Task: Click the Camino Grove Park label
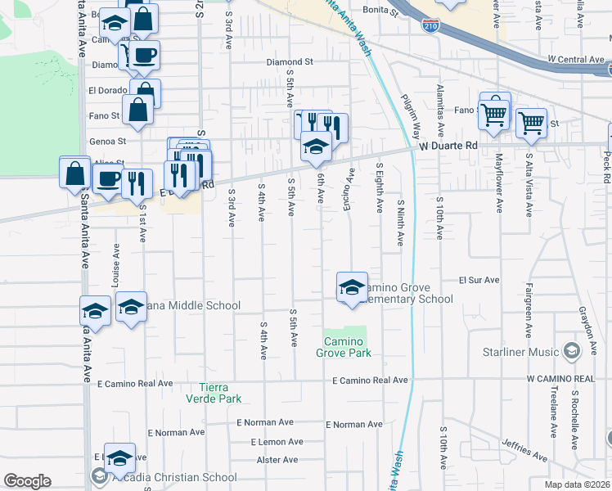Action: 344,347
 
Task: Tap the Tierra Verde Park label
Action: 221,393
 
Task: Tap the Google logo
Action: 27,481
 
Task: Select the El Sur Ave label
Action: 479,280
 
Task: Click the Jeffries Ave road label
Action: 524,450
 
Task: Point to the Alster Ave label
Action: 277,461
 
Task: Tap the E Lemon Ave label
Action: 273,442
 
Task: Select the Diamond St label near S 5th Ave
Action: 290,61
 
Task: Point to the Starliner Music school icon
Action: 571,352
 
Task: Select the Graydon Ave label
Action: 586,326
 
